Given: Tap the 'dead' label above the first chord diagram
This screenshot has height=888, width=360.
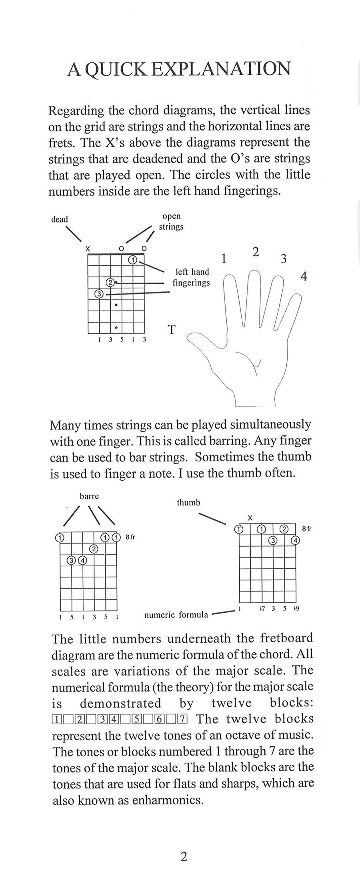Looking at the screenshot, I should tap(60, 219).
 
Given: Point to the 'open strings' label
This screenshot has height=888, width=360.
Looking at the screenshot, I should tap(171, 221).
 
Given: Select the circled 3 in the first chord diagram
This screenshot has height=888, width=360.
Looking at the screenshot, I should tap(99, 294).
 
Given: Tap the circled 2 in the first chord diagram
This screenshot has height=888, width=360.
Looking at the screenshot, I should tap(110, 283).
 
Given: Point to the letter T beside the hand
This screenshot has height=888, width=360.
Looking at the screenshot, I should tap(171, 330).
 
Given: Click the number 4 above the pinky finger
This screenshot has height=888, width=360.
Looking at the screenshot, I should tap(304, 276).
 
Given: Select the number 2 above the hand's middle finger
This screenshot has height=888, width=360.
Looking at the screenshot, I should tap(256, 252).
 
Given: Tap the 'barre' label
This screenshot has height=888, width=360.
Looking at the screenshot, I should tap(89, 496).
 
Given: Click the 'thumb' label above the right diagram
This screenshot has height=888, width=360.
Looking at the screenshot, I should tap(188, 502).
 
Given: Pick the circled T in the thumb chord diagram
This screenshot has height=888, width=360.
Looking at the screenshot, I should tap(239, 529).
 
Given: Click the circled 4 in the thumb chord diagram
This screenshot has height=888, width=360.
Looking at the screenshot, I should tap(296, 540).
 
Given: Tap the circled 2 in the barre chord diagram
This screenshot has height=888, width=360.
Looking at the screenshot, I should tap(94, 549).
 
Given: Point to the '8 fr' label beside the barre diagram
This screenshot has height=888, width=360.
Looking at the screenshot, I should tap(130, 537).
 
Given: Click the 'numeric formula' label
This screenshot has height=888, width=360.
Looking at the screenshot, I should tap(176, 615).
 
